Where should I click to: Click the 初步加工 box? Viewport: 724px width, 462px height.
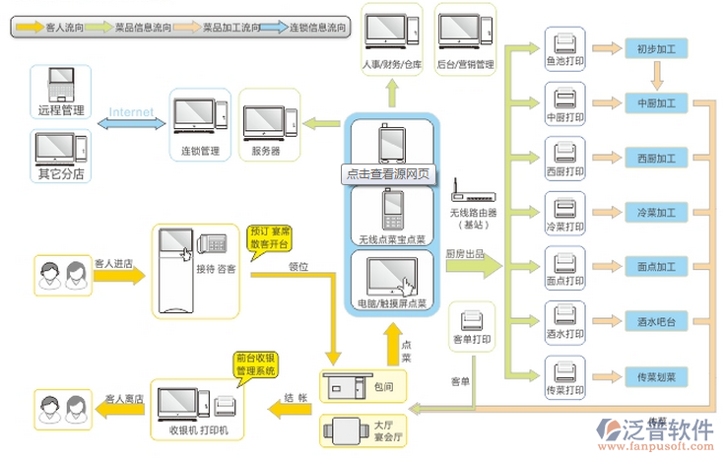pyautogui.click(x=656, y=47)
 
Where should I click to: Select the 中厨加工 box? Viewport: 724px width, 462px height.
pyautogui.click(x=656, y=102)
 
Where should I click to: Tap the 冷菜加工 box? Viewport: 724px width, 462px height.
pyautogui.click(x=656, y=212)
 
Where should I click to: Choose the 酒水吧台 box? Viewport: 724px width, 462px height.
pyautogui.click(x=656, y=321)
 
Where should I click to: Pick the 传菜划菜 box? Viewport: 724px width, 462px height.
pyautogui.click(x=656, y=376)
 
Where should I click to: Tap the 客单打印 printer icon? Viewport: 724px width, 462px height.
pyautogui.click(x=472, y=320)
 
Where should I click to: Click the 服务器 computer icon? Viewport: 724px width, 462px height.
pyautogui.click(x=265, y=120)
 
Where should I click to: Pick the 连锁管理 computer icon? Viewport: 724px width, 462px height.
pyautogui.click(x=196, y=120)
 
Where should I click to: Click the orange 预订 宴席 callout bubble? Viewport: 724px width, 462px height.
pyautogui.click(x=268, y=240)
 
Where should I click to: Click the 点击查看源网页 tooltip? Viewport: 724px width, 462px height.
pyautogui.click(x=387, y=173)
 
